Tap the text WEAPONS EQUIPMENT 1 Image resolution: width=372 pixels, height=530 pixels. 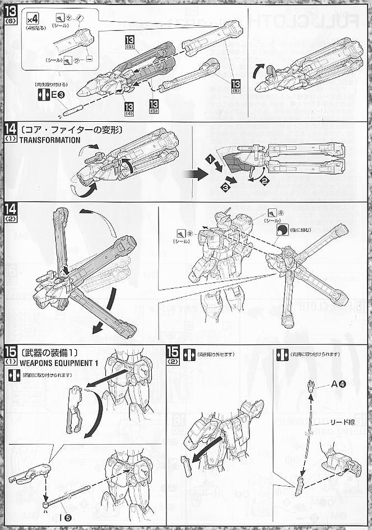click(58, 363)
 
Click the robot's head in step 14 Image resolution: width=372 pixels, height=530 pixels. click(223, 217)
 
